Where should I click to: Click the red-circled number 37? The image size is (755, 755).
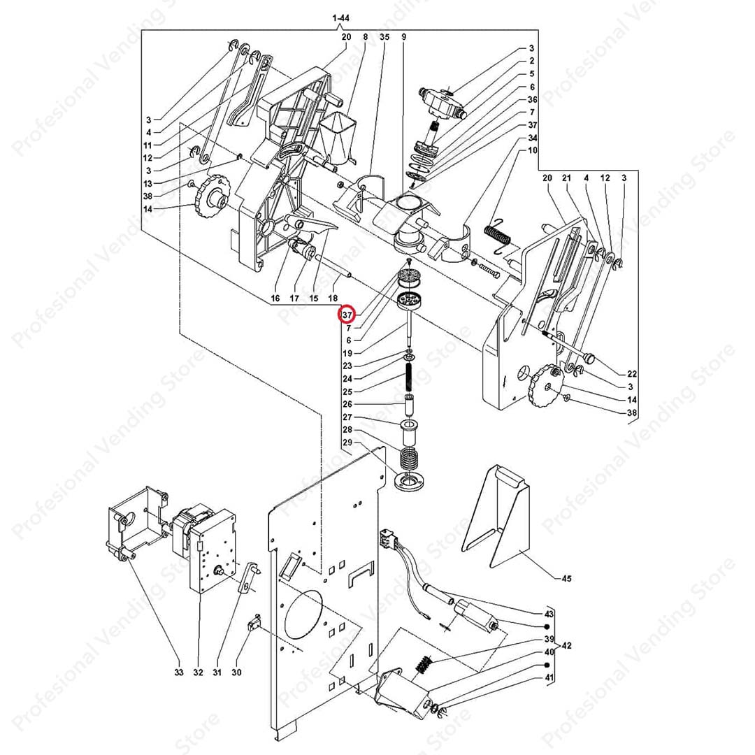(x=347, y=315)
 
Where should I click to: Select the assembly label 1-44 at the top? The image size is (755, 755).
(x=341, y=17)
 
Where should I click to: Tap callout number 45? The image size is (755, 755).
(x=566, y=578)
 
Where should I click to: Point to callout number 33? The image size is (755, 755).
(x=178, y=673)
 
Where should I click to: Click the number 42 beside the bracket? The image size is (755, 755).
(x=566, y=645)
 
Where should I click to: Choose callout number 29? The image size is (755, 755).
(x=347, y=443)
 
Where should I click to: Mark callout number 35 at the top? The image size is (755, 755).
(x=384, y=36)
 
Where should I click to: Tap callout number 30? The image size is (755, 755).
(x=236, y=673)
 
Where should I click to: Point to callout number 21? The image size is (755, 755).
(x=566, y=178)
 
